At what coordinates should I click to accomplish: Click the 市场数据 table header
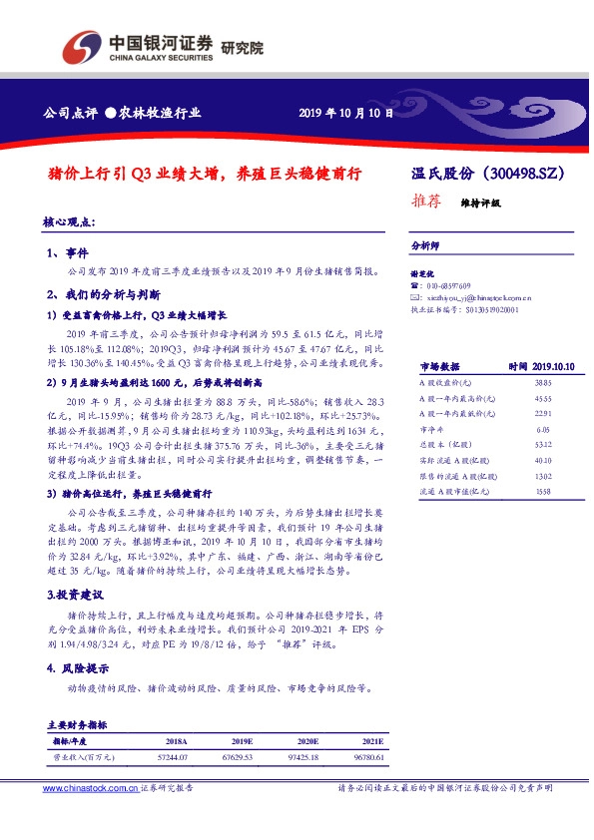click(438, 367)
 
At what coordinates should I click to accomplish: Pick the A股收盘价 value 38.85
click(542, 383)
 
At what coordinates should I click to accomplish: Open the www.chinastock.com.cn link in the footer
click(89, 788)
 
